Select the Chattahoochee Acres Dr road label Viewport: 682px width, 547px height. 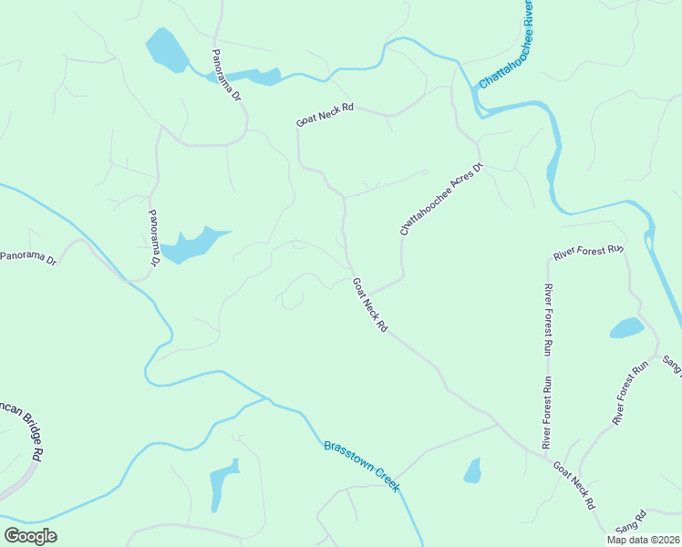tap(440, 201)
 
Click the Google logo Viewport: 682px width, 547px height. tap(30, 536)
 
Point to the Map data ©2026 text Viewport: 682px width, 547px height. tap(643, 540)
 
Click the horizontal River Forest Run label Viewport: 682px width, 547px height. tap(588, 250)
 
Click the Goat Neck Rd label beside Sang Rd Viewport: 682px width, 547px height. tap(574, 485)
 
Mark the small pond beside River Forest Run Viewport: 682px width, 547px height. tap(626, 327)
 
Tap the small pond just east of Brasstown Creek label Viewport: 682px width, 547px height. tap(472, 470)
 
